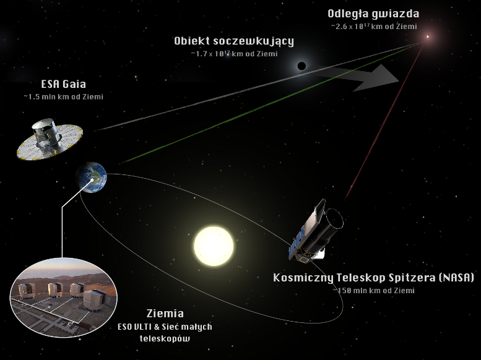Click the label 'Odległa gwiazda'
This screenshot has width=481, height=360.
pyautogui.click(x=373, y=14)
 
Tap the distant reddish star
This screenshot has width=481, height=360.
pyautogui.click(x=427, y=37)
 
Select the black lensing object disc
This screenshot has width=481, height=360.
pyautogui.click(x=301, y=66)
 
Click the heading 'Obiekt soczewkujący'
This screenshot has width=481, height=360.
pyautogui.click(x=234, y=41)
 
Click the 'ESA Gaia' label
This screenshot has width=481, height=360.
pyautogui.click(x=64, y=84)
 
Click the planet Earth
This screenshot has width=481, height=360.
pyautogui.click(x=92, y=178)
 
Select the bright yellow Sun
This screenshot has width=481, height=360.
pyautogui.click(x=214, y=246)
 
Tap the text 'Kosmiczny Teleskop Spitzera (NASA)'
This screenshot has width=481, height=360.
pyautogui.click(x=373, y=278)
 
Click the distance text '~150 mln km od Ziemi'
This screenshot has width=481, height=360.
pyautogui.click(x=374, y=290)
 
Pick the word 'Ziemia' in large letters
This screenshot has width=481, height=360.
pyautogui.click(x=165, y=314)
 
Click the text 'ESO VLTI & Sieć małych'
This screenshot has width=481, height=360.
pyautogui.click(x=165, y=327)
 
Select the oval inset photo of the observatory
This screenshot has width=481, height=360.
pyautogui.click(x=64, y=298)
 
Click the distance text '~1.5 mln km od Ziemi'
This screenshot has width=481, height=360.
pyautogui.click(x=64, y=97)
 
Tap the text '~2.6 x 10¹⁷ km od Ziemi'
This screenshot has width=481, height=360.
pyautogui.click(x=374, y=27)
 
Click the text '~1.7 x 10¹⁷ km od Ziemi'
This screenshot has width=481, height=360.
pyautogui.click(x=234, y=54)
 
